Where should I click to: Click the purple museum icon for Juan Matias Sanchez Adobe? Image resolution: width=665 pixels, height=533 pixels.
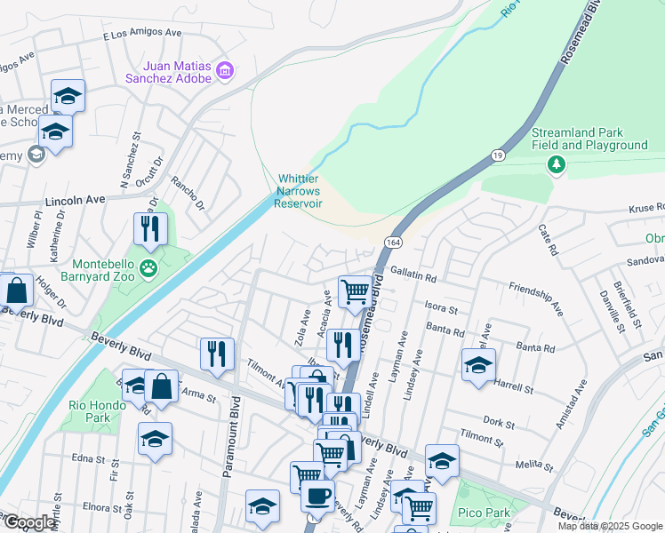[x=224, y=70]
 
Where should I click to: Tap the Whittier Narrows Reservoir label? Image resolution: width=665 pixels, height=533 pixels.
[x=298, y=191]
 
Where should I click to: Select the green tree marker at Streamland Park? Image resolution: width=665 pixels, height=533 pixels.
[x=557, y=164]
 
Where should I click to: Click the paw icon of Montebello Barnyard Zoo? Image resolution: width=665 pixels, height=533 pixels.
[x=149, y=267]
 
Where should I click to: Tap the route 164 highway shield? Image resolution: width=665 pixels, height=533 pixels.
[x=392, y=242]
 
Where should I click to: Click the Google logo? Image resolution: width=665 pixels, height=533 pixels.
[x=29, y=522]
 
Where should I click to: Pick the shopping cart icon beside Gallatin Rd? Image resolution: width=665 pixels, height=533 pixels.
[x=355, y=290]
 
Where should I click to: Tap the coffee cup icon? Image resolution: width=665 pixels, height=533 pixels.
[x=317, y=496]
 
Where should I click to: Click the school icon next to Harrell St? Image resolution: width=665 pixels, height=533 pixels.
[x=478, y=364]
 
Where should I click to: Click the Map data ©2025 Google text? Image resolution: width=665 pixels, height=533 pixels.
[x=610, y=526]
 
